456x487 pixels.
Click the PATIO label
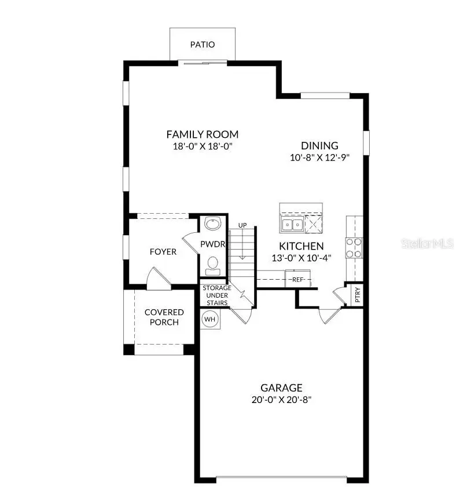(202, 45)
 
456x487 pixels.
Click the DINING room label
(319, 146)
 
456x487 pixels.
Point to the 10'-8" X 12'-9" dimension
(319, 157)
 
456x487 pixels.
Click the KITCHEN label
(301, 246)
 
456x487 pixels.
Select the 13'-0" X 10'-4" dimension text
(301, 258)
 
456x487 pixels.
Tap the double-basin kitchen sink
(292, 224)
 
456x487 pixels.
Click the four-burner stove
(354, 248)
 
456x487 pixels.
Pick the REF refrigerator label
(298, 280)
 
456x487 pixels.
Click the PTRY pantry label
(358, 295)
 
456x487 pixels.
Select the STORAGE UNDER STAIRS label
(216, 295)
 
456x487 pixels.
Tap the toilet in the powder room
(212, 265)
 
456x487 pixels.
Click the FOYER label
(163, 252)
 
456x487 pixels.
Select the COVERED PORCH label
(164, 317)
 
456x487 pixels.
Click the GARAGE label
(281, 388)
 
